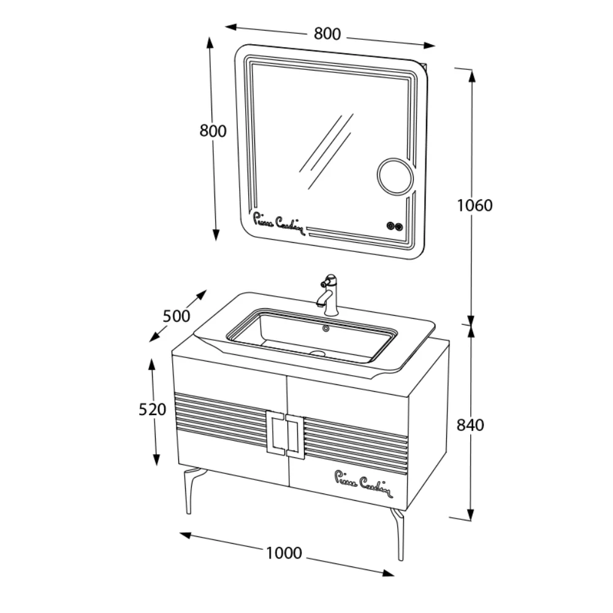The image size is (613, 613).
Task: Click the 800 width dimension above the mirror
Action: pos(327,34)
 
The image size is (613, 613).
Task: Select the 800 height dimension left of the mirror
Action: pos(213,131)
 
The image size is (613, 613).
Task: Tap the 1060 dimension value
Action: pos(474,205)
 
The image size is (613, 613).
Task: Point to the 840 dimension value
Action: pos(470,425)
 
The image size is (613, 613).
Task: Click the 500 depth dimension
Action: pos(177,316)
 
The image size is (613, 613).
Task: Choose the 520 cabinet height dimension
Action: pos(153,409)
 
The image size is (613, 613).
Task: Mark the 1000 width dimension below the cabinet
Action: pos(284,553)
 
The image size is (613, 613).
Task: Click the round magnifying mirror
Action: pos(395,175)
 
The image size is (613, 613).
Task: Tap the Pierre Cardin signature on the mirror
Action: pos(279,223)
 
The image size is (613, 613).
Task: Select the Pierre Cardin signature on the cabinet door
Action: pos(364,484)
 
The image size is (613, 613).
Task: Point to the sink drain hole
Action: pos(318,353)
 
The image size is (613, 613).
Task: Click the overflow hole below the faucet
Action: pos(326,329)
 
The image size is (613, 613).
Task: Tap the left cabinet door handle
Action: pos(275,433)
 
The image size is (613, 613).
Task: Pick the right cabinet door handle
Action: pos(295,436)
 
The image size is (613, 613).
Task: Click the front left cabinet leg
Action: pos(192,490)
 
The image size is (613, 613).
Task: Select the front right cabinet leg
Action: pos(398,534)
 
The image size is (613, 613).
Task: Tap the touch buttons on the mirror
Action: pos(394,226)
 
